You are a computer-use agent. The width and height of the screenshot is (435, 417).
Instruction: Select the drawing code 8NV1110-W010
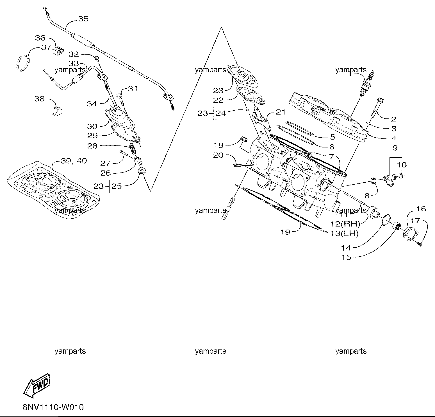tap(53, 407)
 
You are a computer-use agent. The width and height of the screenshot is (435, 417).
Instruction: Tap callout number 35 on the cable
tap(83, 19)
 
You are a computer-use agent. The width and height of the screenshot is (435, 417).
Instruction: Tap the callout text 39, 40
tap(74, 161)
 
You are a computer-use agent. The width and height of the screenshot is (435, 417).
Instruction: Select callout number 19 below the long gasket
tap(285, 232)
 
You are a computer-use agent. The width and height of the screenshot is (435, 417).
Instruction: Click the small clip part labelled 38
tap(58, 110)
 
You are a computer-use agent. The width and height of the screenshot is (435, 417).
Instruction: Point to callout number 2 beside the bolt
tap(393, 119)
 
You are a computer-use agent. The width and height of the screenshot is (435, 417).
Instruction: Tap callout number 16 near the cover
tap(421, 209)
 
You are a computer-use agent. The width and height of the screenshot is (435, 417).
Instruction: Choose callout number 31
tap(133, 89)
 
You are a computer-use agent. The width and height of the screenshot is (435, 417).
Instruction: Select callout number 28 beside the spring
tap(92, 146)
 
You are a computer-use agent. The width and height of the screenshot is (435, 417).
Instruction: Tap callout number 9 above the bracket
tap(395, 147)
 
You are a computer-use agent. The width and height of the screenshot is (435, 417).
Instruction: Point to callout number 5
tap(333, 137)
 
